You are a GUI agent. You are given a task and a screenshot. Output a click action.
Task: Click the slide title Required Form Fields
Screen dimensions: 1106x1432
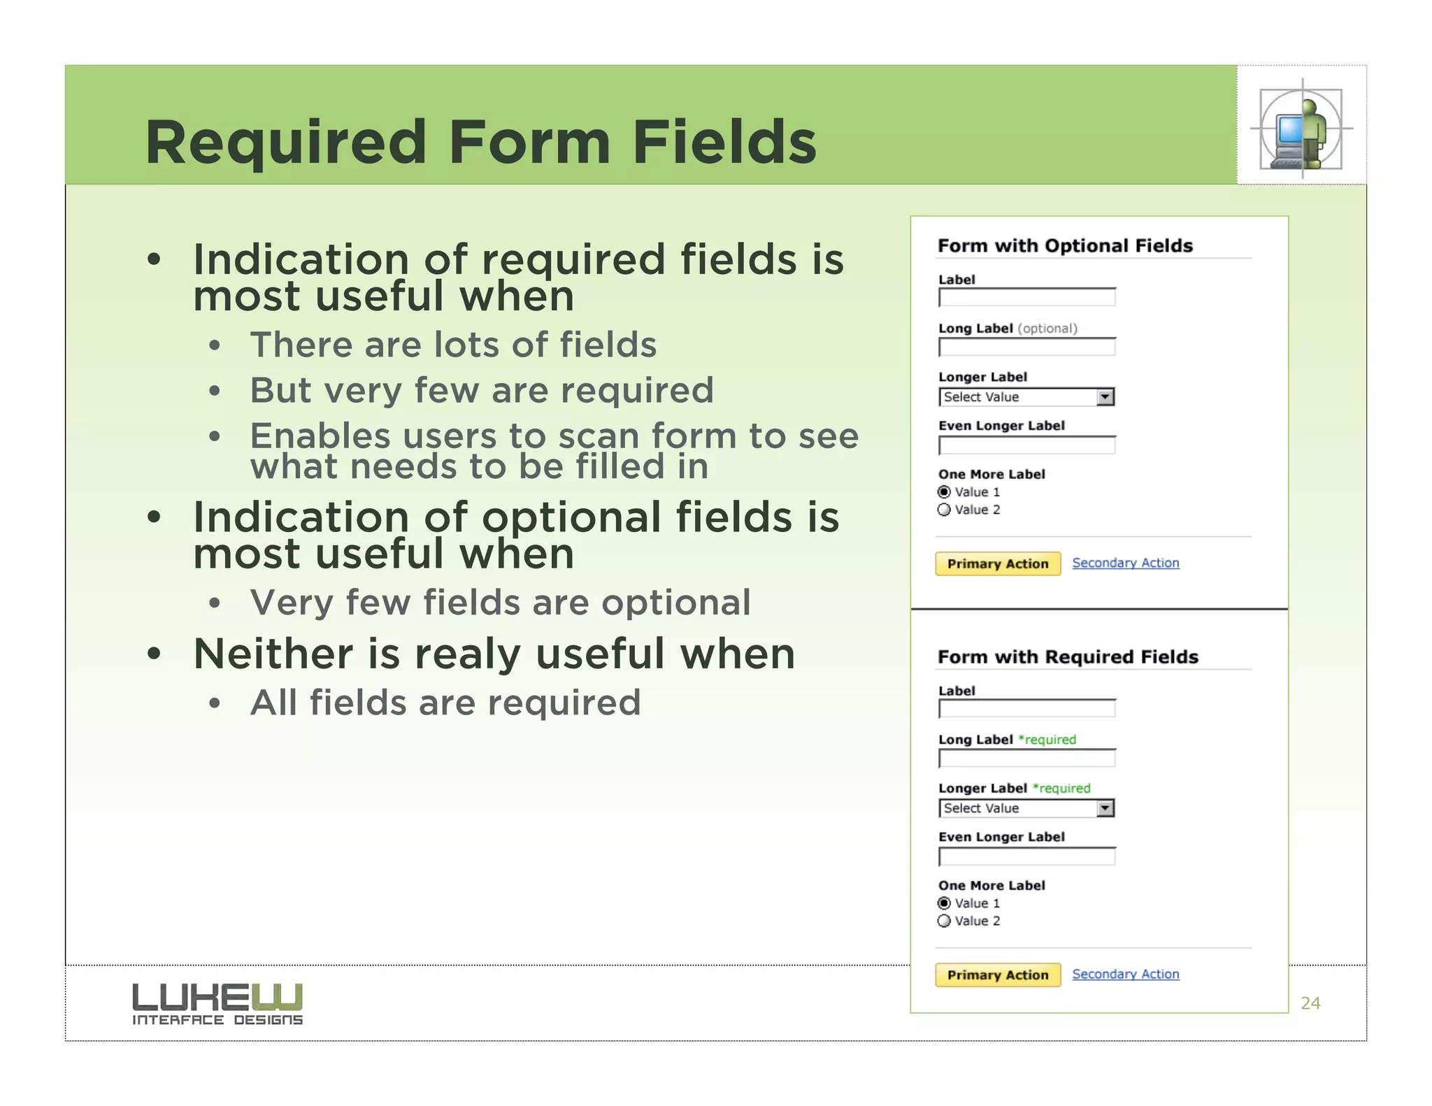(480, 142)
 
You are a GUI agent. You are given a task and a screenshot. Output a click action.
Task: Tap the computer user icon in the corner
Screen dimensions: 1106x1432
(1301, 129)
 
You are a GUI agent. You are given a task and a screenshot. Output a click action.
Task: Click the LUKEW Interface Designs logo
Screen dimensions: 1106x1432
(217, 1004)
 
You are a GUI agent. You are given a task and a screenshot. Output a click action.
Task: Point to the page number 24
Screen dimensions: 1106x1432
(1310, 1003)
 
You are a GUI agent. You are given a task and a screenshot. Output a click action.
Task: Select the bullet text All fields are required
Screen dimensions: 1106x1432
(445, 703)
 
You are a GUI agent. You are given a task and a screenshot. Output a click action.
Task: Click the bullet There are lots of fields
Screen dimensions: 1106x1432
(453, 345)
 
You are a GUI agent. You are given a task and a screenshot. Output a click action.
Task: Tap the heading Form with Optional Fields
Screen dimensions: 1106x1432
(1065, 246)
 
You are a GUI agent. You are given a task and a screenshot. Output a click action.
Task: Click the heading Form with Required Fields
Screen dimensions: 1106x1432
(1068, 657)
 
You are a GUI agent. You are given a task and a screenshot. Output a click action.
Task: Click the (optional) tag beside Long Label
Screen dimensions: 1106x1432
(1047, 329)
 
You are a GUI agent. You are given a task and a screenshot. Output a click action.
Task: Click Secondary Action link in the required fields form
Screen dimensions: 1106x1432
(1125, 974)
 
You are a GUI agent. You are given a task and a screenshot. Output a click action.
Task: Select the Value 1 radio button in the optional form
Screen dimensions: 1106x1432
(945, 492)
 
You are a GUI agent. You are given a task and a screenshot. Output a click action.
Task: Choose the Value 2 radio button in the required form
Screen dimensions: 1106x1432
(945, 921)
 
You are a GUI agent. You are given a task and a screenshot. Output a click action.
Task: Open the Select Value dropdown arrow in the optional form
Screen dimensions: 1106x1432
(1105, 397)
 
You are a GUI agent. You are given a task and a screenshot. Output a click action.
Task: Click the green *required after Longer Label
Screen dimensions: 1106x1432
(1061, 789)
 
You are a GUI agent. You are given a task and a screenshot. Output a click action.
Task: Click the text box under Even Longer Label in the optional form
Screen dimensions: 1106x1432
(1026, 445)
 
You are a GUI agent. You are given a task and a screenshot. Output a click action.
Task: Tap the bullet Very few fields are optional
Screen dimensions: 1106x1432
(501, 603)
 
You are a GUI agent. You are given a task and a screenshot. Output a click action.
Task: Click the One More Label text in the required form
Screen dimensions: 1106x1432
(991, 886)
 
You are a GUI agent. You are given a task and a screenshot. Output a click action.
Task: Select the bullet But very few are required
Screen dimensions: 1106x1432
(482, 390)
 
